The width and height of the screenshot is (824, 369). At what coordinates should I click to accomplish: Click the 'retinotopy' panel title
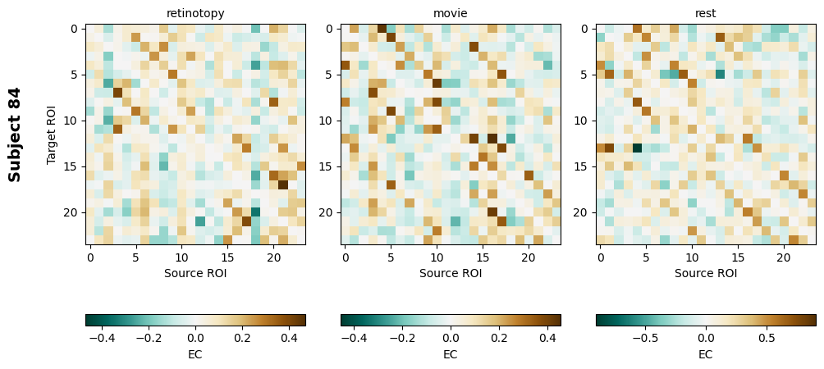195,13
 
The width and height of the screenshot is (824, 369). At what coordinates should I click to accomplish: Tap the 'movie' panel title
451,13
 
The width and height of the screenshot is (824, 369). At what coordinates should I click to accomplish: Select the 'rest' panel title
705,13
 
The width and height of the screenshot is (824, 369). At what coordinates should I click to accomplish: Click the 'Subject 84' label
15,134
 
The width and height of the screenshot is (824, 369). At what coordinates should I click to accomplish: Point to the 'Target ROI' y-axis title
52,134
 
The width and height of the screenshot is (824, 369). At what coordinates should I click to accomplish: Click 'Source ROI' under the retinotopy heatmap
195,273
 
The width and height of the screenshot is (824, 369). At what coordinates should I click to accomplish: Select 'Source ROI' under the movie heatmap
451,273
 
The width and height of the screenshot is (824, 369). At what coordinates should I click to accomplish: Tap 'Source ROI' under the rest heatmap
706,273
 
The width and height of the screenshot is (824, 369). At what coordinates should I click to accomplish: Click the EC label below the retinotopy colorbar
195,354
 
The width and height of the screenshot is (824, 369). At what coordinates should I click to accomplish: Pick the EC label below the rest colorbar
706,354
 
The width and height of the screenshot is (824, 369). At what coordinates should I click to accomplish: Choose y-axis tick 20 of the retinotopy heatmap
72,212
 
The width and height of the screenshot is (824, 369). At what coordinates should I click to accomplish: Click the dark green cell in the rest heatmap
637,148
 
